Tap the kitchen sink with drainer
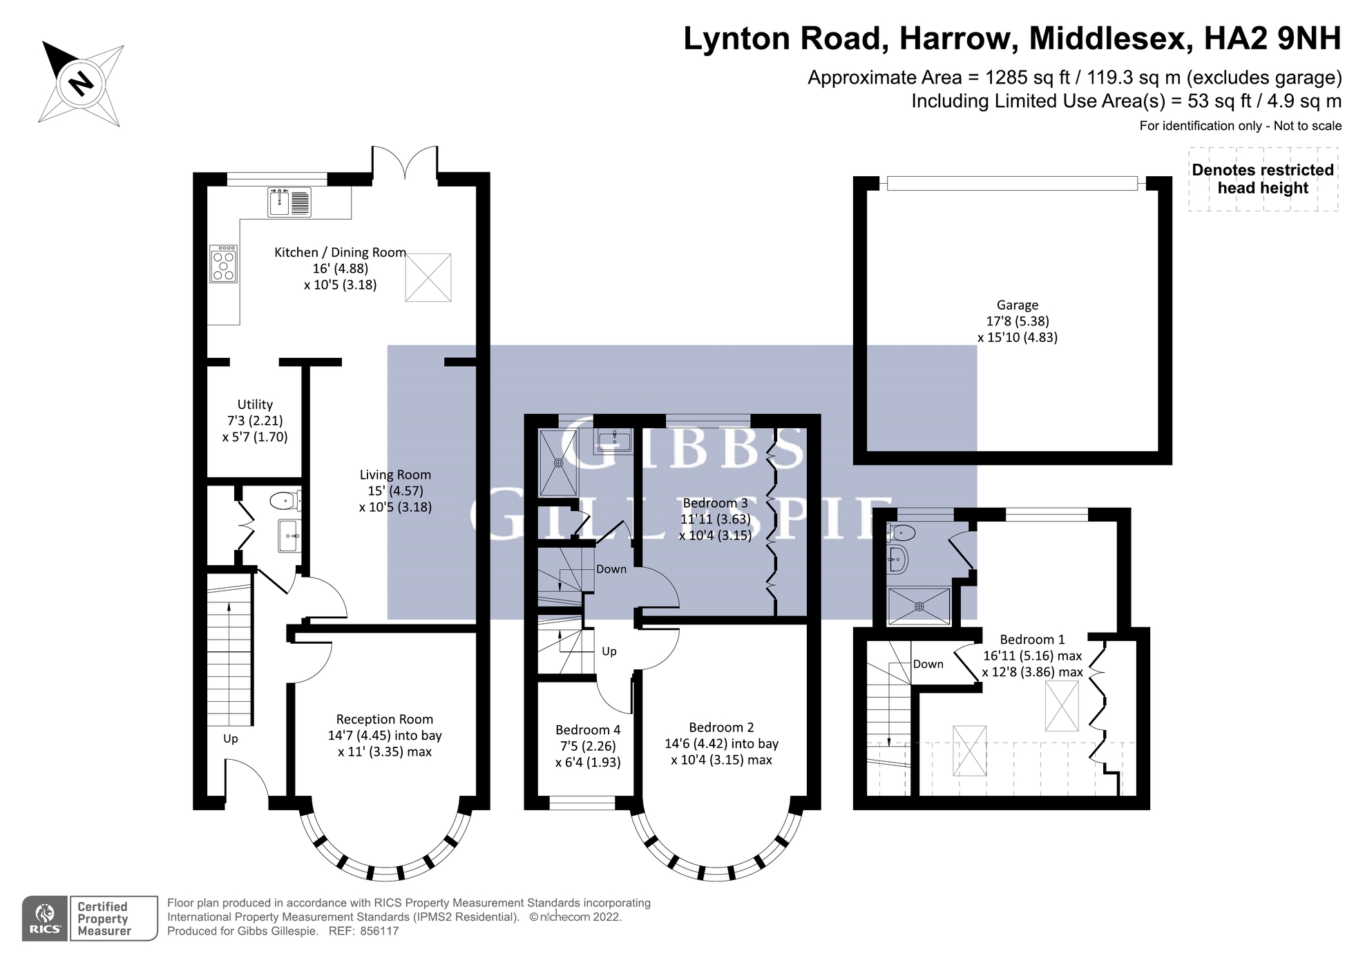(289, 202)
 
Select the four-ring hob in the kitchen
(223, 264)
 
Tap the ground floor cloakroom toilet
(285, 500)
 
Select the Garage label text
(1017, 305)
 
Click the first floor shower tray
(558, 462)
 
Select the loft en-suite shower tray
(919, 606)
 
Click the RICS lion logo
(45, 919)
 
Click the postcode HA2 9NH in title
(1272, 39)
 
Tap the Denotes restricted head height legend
(1263, 179)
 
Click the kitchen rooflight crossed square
(428, 278)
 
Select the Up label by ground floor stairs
(230, 739)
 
